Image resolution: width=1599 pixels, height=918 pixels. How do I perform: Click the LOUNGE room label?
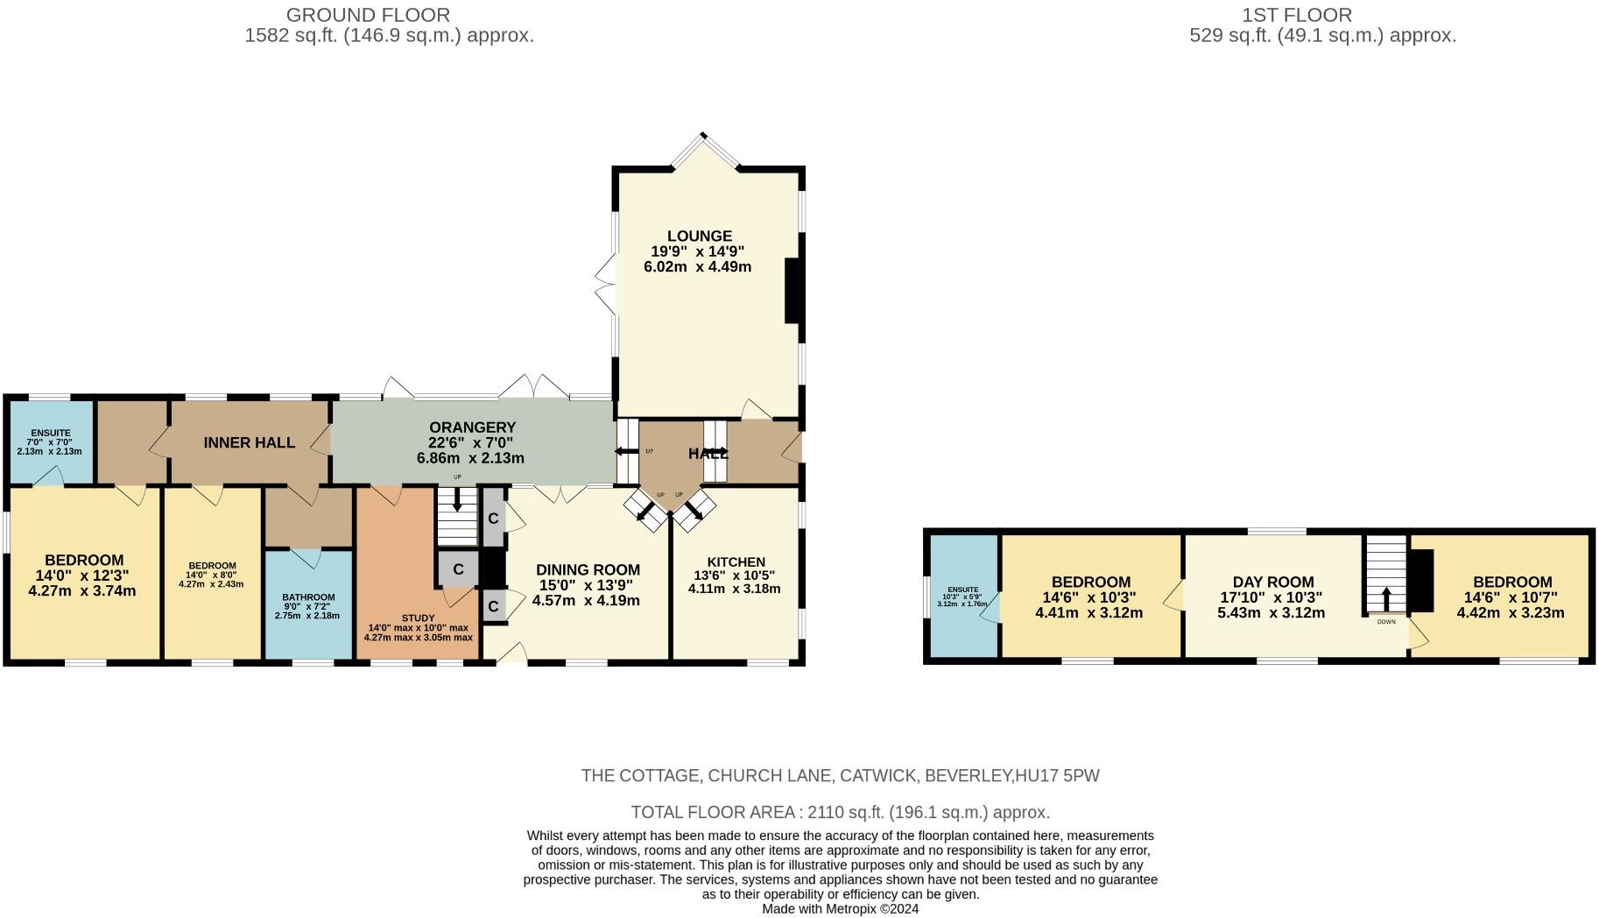[699, 237]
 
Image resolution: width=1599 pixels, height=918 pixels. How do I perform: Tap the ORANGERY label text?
[472, 427]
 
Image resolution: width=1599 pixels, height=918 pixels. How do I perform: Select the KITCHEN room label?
[736, 561]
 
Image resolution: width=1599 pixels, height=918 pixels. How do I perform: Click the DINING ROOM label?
[588, 570]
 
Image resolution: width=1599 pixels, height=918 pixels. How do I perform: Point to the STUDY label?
[418, 618]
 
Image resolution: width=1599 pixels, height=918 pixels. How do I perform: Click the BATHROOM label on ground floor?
[307, 597]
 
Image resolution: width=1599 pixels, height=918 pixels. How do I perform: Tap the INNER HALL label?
[249, 443]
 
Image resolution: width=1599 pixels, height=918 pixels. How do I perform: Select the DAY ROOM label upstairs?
[1272, 583]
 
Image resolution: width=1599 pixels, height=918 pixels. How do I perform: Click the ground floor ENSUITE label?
[50, 433]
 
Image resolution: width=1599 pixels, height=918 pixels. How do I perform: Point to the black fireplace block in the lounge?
[792, 291]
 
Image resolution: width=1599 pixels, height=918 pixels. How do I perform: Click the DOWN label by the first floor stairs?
[1386, 622]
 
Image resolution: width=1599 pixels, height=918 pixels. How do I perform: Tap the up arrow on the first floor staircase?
[1386, 598]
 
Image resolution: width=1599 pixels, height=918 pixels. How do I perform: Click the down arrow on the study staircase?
[456, 501]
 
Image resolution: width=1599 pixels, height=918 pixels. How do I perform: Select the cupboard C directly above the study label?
[458, 569]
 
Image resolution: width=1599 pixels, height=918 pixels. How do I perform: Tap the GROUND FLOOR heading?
[368, 15]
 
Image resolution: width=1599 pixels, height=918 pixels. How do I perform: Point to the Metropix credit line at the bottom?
[840, 909]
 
